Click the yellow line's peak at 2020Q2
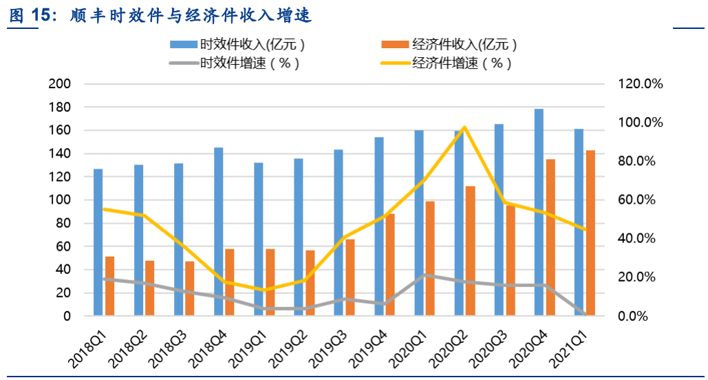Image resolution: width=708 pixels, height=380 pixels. [x=464, y=127]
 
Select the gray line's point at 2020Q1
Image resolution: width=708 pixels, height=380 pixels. [x=425, y=275]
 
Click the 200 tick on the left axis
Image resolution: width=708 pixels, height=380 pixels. [x=60, y=84]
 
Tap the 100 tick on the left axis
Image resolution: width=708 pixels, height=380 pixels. [x=60, y=200]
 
